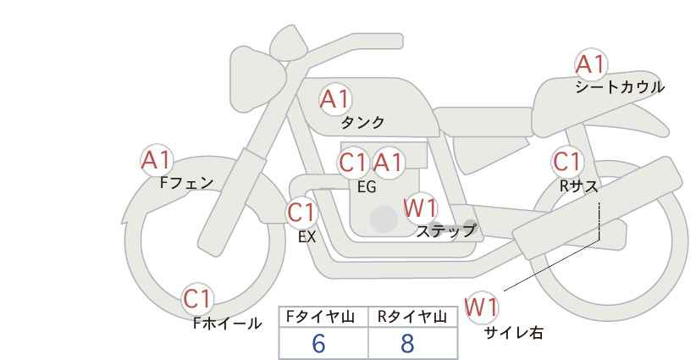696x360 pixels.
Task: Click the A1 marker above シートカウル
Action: click(590, 64)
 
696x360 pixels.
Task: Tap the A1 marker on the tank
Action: click(335, 99)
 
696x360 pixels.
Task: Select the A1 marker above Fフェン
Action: click(157, 160)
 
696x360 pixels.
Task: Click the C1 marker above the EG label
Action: click(353, 163)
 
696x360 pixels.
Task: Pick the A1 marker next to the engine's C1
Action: click(388, 163)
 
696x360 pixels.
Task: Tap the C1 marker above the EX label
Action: click(302, 213)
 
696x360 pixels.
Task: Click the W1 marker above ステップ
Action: click(421, 208)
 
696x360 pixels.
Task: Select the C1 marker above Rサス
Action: click(567, 162)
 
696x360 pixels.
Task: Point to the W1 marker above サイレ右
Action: click(482, 307)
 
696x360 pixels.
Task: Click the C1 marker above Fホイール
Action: click(197, 299)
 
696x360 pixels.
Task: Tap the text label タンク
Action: click(362, 123)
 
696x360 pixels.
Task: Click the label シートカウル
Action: click(620, 87)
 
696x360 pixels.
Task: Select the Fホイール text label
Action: click(228, 324)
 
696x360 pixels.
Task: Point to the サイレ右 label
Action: click(514, 333)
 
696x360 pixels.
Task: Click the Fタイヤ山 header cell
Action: click(323, 317)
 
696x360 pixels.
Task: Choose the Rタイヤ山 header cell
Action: click(413, 317)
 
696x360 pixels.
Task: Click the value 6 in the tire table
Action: click(318, 343)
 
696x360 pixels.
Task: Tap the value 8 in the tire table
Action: click(407, 343)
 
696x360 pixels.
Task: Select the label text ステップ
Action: click(445, 231)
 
